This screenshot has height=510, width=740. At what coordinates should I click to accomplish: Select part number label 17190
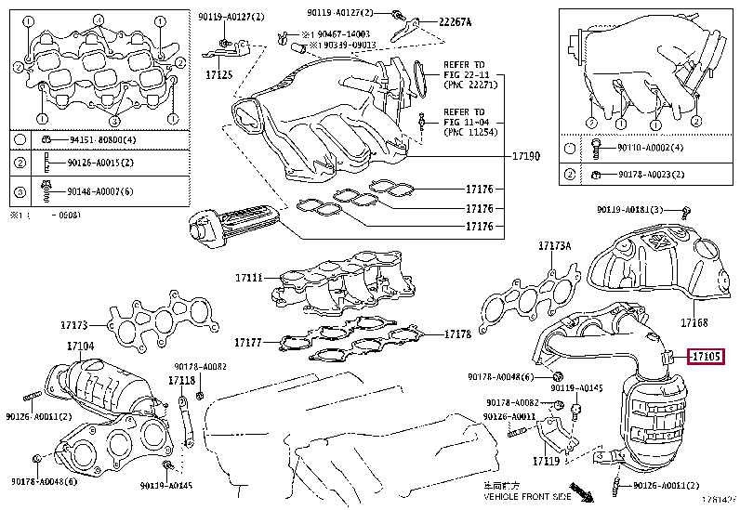point(525,157)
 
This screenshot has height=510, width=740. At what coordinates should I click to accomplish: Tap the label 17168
point(694,323)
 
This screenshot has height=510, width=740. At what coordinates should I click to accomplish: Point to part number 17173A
point(555,246)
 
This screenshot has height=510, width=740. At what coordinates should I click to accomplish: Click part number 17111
point(249,277)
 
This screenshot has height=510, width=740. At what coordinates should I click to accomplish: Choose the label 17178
point(459,333)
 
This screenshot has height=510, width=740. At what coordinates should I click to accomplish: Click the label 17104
point(80,347)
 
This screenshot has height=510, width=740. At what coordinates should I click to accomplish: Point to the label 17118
point(181,380)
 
